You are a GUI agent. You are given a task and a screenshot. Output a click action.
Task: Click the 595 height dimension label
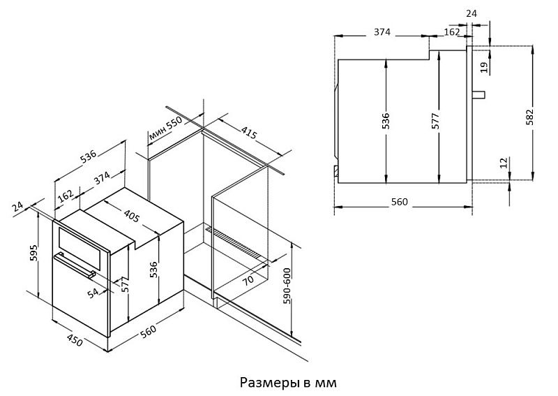(x=33, y=253)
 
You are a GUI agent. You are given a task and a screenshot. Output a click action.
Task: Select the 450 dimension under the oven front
(x=75, y=340)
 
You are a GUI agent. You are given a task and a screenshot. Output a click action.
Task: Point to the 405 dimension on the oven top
(x=132, y=215)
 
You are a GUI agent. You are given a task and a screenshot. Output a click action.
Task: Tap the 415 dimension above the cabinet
(x=249, y=132)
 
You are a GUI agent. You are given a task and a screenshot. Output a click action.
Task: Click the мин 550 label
(x=165, y=128)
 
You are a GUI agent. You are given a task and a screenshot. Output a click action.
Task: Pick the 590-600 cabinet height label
(x=287, y=286)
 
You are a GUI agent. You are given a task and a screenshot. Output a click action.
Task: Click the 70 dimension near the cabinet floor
(x=248, y=279)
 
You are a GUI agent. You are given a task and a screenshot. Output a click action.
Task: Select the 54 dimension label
(x=93, y=293)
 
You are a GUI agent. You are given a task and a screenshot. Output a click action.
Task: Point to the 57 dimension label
(x=125, y=286)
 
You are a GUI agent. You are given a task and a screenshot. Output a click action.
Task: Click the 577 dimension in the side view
(x=435, y=120)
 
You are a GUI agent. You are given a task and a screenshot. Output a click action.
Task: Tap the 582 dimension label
(x=529, y=116)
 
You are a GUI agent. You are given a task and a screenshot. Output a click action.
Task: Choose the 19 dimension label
(x=483, y=67)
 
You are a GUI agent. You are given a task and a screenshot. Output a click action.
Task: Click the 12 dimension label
(x=504, y=163)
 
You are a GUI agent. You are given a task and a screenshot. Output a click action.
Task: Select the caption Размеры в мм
(x=288, y=383)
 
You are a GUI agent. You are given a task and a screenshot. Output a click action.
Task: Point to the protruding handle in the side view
(x=478, y=95)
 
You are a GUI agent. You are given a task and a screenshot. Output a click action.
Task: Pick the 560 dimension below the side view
(x=399, y=202)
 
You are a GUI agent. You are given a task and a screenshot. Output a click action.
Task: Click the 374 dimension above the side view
(x=382, y=32)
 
